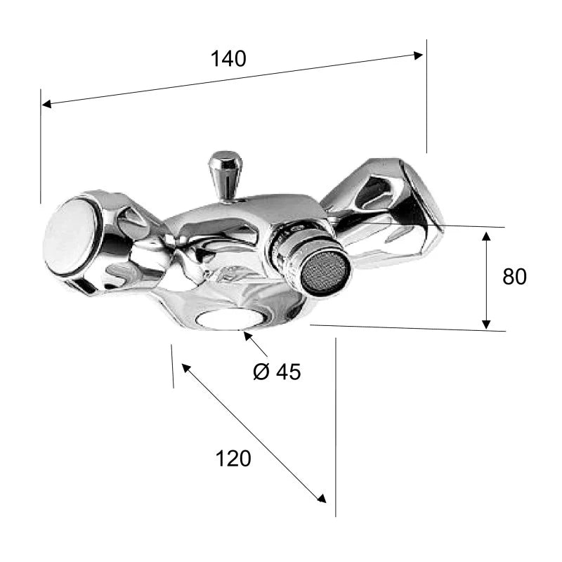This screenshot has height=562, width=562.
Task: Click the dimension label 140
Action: [229, 59]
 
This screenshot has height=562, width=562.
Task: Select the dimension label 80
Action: [514, 276]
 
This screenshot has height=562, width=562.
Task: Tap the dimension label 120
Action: [233, 459]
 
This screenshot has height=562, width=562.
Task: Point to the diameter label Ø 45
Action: [277, 372]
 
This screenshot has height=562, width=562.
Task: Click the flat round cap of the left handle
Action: [70, 236]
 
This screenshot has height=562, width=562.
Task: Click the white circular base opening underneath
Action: [230, 320]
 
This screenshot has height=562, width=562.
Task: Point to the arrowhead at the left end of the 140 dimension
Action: [47, 104]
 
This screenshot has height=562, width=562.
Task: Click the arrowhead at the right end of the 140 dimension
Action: [418, 55]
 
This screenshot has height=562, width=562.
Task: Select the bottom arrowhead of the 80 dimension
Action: [486, 324]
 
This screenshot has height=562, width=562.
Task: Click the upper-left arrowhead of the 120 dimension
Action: [186, 367]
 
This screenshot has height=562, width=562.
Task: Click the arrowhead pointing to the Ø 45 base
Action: [247, 336]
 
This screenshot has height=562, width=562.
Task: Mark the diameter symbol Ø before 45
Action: [261, 372]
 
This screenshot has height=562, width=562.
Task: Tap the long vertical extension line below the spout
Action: [336, 427]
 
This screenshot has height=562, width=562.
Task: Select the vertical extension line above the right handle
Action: [426, 96]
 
